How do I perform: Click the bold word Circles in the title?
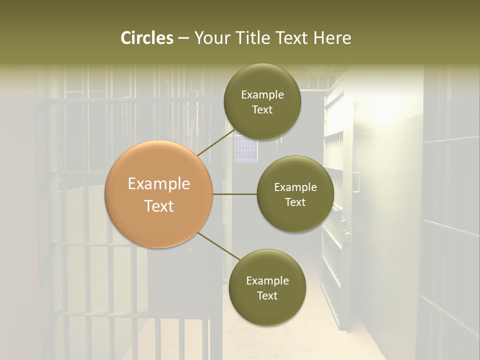pos(146,38)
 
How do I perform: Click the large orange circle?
pos(159,194)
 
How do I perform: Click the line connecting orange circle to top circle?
pos(216,142)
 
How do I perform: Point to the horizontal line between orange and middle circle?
pos(235,194)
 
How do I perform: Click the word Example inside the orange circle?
pos(159,184)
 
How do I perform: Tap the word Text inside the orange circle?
pos(159,206)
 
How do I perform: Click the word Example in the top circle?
pos(262,95)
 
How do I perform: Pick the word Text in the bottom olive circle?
pos(267,295)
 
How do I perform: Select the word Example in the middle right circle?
pos(295,187)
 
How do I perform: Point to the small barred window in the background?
pos(245,148)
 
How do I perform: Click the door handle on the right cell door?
pos(356,181)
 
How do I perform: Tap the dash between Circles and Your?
pos(183,38)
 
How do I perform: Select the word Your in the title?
pos(211,38)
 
